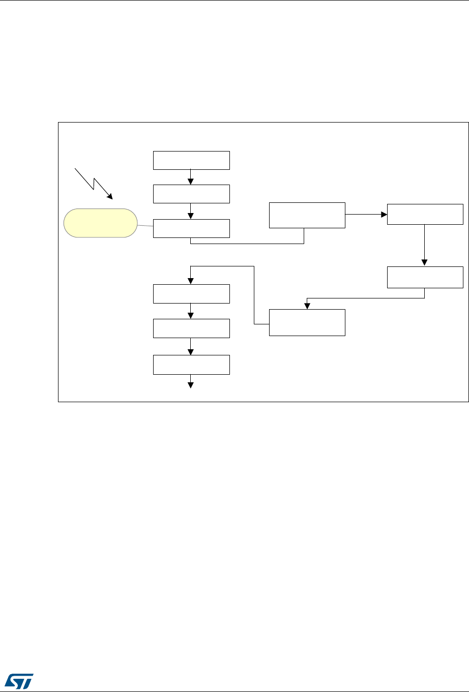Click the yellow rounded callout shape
tap(100, 223)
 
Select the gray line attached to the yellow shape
tap(145, 226)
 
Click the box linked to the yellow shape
tap(191, 228)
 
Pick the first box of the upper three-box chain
tap(191, 160)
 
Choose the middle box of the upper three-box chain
tap(191, 194)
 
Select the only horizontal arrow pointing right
tap(366, 214)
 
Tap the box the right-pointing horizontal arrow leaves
tap(307, 215)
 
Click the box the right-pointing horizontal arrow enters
tap(425, 214)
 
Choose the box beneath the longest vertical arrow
tap(425, 277)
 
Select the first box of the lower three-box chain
tap(191, 294)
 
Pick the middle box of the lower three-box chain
tap(191, 328)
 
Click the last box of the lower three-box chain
tap(191, 365)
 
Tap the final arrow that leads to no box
tap(191, 381)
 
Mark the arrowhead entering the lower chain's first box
tap(190, 281)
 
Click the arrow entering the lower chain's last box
tap(190, 347)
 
